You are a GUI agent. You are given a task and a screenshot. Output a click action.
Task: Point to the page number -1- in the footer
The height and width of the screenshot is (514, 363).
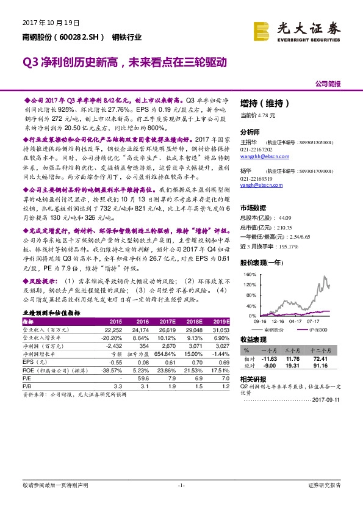pyautogui.click(x=181, y=485)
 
